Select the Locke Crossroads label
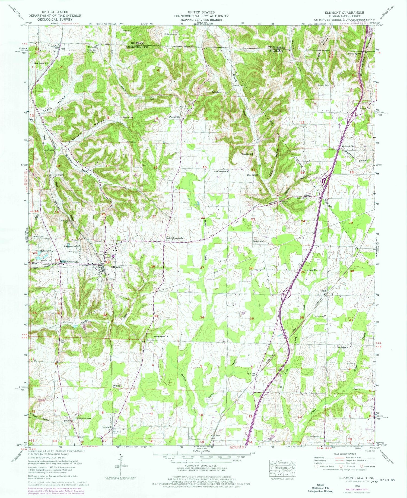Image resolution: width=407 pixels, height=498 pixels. pos(174,238)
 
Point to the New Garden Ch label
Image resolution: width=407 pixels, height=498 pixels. pos(161,337)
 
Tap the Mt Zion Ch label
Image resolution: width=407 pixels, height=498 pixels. pos(342,347)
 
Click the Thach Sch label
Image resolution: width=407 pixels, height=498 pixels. pos(320,316)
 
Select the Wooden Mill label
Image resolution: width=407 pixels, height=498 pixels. pos(247,154)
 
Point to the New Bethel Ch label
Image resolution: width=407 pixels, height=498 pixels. pos(221,172)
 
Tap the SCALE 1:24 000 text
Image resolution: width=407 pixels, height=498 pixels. pos(202,451)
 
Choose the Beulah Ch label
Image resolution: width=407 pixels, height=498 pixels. pos(258,241)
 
